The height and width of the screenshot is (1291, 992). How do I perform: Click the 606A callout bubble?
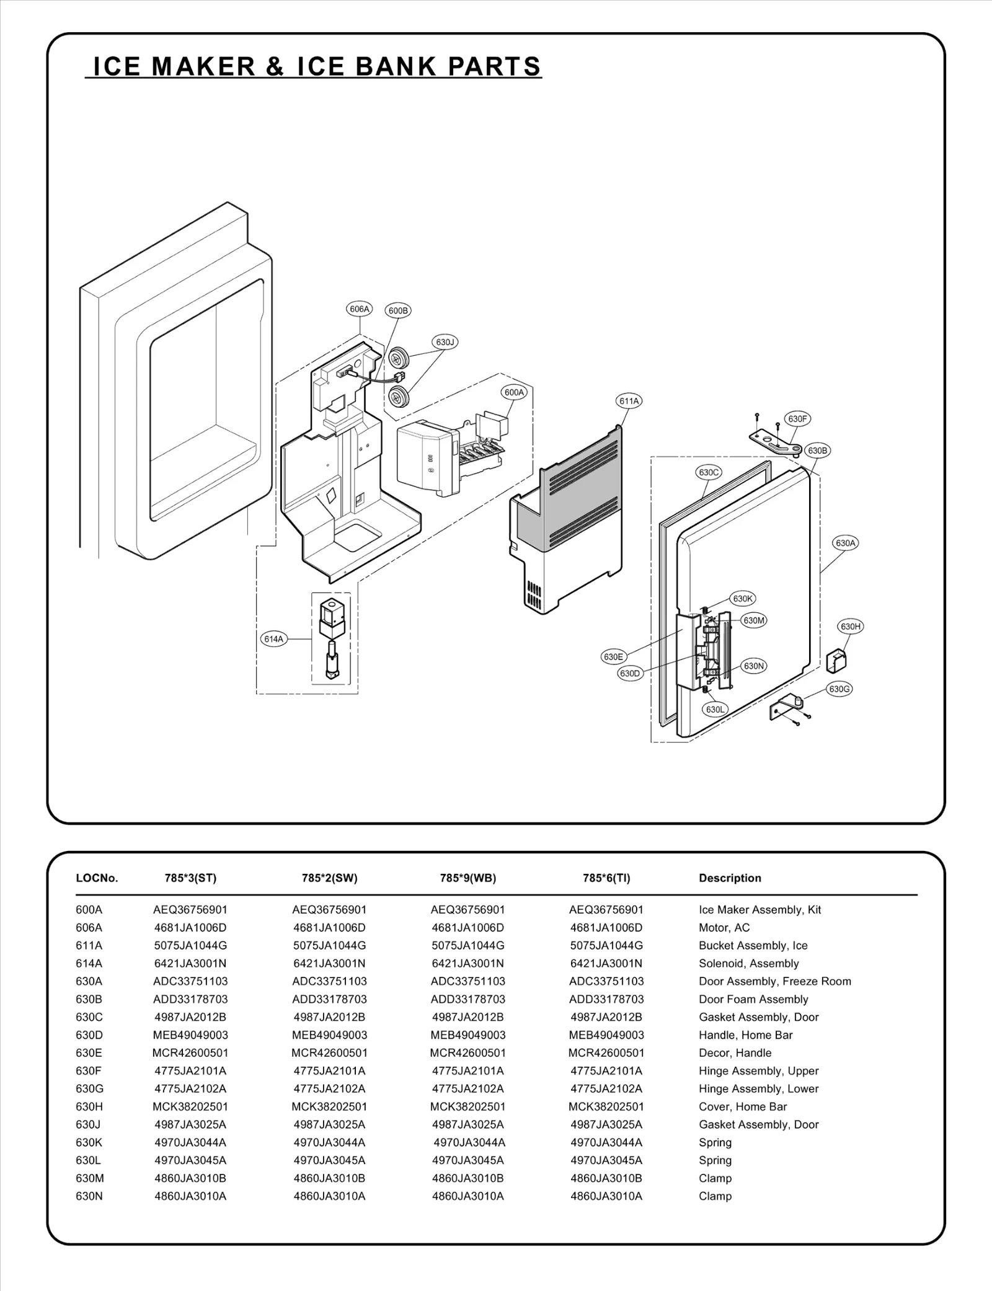(x=360, y=309)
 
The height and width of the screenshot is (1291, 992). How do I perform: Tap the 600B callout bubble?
(x=398, y=311)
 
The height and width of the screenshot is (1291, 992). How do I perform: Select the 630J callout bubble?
(x=445, y=342)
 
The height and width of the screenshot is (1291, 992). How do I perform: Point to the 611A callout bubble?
(x=629, y=401)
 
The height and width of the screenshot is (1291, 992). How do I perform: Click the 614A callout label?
(x=273, y=639)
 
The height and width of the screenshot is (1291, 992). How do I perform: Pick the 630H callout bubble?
(x=851, y=627)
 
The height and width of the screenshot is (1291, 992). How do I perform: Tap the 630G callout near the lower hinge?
(x=839, y=689)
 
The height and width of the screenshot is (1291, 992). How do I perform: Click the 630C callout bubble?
(x=709, y=472)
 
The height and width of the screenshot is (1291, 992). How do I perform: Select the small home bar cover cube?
(x=837, y=661)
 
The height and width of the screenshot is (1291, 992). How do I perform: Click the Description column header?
(x=730, y=878)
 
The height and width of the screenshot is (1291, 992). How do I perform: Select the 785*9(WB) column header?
(x=468, y=878)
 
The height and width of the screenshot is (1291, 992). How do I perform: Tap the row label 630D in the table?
(x=89, y=1035)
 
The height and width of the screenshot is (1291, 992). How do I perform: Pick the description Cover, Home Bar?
(x=742, y=1106)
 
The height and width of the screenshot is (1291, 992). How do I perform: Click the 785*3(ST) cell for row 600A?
(x=190, y=910)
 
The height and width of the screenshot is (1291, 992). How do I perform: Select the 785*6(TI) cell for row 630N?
(x=606, y=1196)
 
